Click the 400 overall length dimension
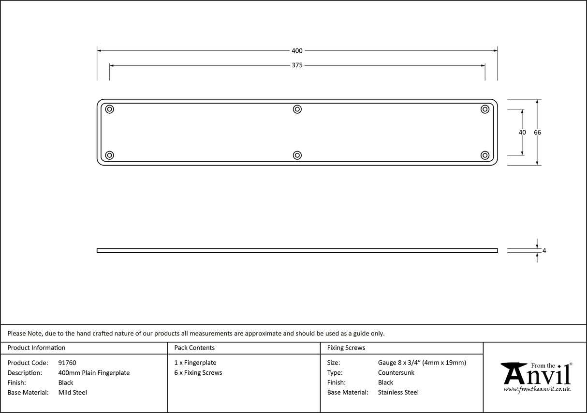pos(297,51)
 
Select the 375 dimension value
pos(297,65)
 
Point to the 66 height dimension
pos(537,133)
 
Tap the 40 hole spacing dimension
pos(522,133)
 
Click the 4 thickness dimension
pos(544,251)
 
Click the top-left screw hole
pos(110,109)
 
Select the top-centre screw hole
pos(297,109)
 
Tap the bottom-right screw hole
pos(485,155)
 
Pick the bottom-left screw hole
pos(110,155)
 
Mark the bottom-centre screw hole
pos(297,155)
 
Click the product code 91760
pos(67,363)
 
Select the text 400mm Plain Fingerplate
pos(94,373)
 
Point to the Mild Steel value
pos(73,393)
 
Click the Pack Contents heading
pos(194,348)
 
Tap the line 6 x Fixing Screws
pos(198,373)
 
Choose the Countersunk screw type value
pos(396,373)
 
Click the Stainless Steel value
pos(398,393)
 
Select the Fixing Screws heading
pos(346,348)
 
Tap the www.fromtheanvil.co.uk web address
pos(537,389)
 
